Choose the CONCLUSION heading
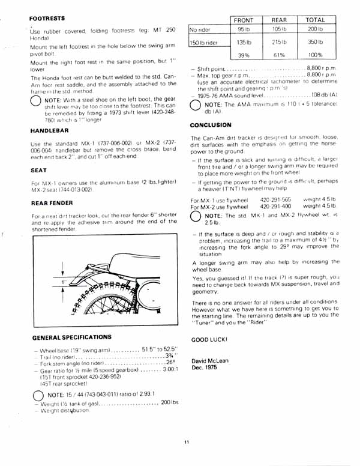click(211, 125)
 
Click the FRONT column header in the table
click(243, 20)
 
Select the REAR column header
click(280, 20)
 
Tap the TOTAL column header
click(315, 20)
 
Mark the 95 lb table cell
click(243, 29)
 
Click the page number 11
click(187, 443)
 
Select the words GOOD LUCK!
click(207, 339)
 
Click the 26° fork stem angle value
click(170, 362)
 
